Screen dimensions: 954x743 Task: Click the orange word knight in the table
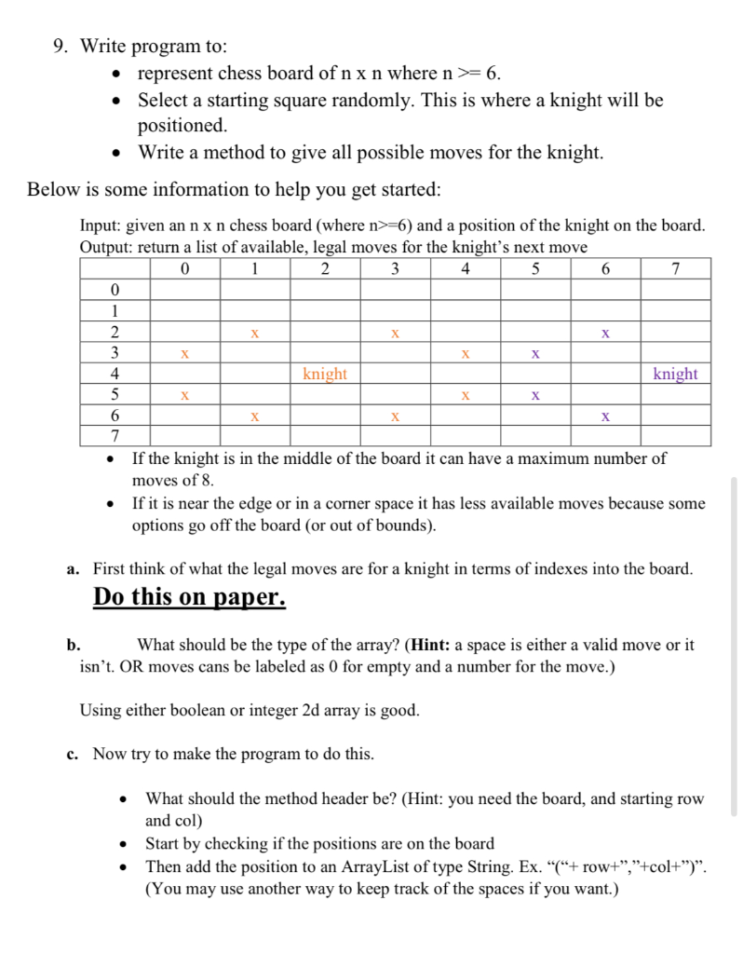(x=325, y=375)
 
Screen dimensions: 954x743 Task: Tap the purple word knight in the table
(x=675, y=375)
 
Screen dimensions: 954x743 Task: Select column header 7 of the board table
(x=675, y=269)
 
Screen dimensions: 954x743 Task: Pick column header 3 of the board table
(x=395, y=269)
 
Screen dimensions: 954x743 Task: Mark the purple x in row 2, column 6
(x=605, y=333)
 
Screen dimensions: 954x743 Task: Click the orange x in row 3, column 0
(x=184, y=354)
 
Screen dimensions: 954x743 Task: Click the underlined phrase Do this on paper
(x=189, y=597)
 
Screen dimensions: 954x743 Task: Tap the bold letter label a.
(x=72, y=569)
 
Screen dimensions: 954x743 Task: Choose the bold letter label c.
(x=72, y=754)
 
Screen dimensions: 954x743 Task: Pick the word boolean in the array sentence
(x=192, y=711)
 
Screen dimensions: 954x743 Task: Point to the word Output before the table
(x=106, y=247)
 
